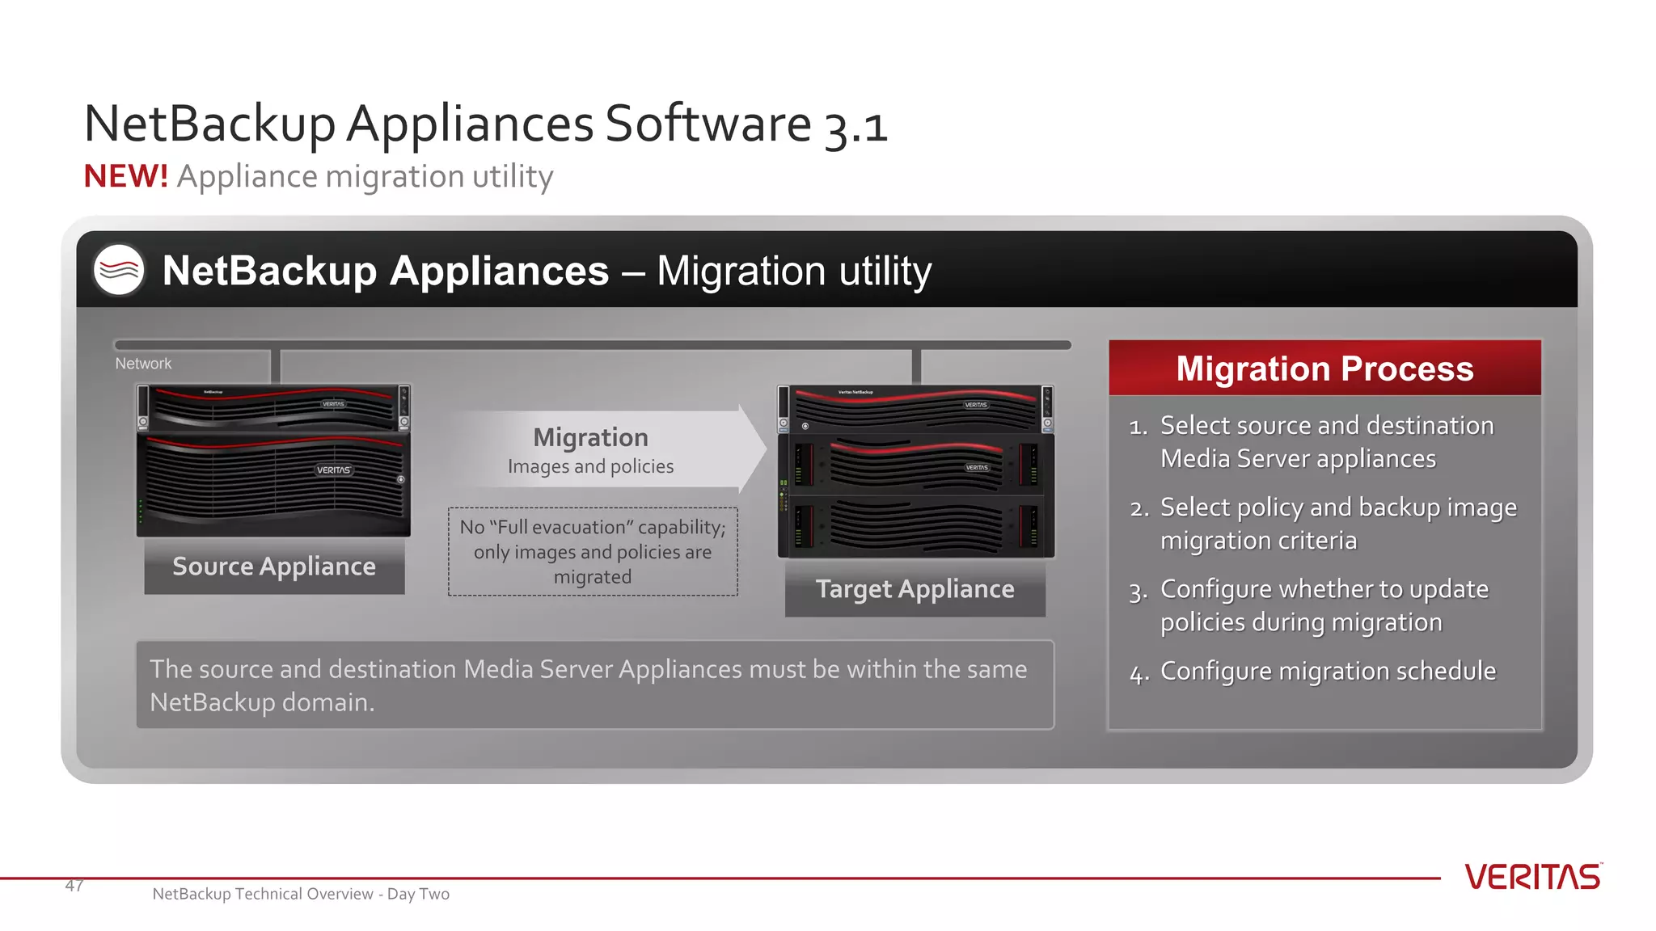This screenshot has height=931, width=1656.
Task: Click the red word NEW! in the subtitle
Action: point(125,176)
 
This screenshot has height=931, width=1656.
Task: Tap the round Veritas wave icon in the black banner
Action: point(119,270)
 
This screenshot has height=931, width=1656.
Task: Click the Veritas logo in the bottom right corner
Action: point(1532,877)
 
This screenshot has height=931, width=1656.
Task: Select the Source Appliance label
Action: point(274,567)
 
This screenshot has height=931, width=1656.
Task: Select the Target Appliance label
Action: point(915,589)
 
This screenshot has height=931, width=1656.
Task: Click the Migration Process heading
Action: point(1324,369)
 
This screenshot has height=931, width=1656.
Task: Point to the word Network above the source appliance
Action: point(143,364)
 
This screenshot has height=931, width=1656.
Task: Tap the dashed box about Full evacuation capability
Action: point(593,552)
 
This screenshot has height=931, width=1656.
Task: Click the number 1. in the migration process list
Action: point(1138,427)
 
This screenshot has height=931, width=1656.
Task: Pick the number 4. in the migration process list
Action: point(1138,673)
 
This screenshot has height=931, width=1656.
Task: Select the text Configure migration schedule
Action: point(1328,671)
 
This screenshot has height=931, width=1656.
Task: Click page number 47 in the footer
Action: point(74,886)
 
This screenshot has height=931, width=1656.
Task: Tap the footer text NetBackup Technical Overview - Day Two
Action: point(301,894)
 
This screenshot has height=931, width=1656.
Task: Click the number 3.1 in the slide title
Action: point(855,126)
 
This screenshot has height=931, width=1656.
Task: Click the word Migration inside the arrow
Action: point(590,437)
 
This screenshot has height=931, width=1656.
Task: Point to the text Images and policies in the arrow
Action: point(590,466)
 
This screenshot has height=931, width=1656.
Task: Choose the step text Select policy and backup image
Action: point(1338,508)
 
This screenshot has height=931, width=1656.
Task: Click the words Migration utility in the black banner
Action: point(794,271)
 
